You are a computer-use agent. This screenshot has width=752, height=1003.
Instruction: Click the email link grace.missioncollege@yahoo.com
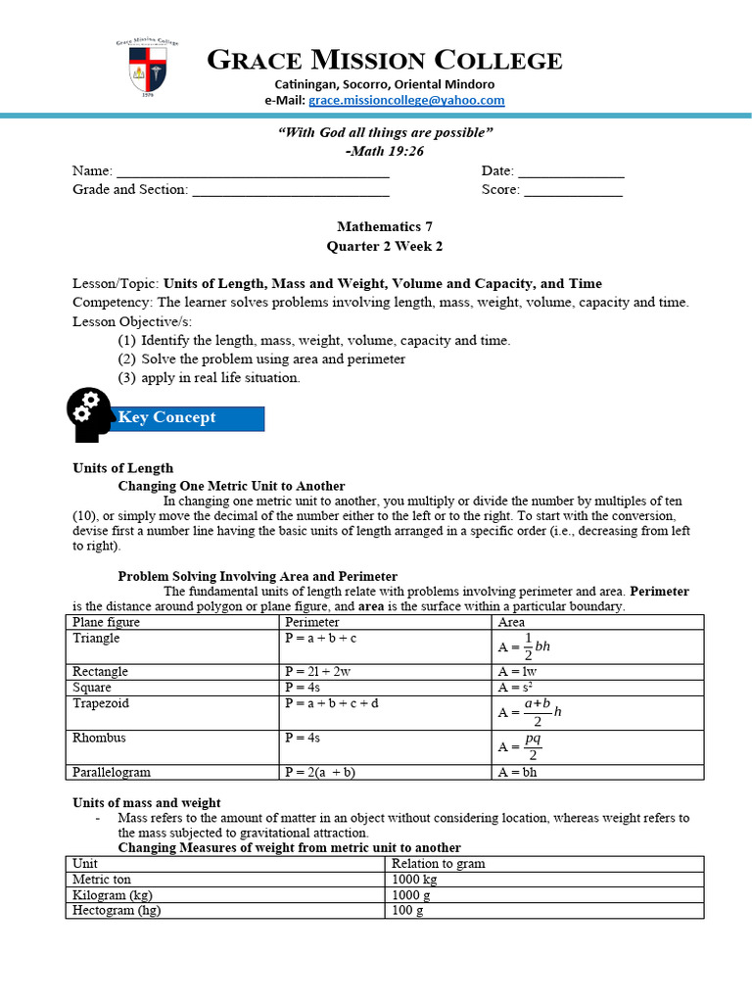406,101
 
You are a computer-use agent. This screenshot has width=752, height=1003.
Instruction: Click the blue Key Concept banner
190,418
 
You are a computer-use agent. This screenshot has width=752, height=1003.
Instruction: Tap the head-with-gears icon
91,414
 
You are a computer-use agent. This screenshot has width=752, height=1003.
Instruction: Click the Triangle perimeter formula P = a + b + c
321,639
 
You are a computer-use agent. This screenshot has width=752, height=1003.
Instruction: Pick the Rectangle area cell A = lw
518,672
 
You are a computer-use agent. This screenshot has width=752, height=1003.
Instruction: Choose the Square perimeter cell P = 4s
303,688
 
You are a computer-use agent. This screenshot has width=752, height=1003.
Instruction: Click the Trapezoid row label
101,704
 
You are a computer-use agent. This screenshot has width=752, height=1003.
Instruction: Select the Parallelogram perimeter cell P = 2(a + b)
319,772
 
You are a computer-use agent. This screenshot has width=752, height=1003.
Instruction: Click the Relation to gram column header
438,864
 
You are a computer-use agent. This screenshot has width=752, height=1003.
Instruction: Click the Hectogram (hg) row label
117,910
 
